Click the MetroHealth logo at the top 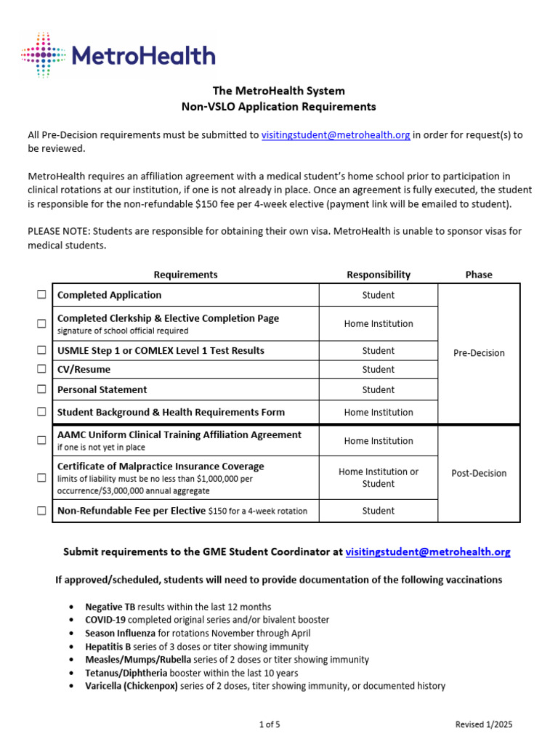click(x=118, y=55)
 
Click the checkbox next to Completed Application click(x=41, y=295)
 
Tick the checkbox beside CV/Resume click(x=41, y=370)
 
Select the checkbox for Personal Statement click(x=41, y=389)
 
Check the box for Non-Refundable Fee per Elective click(x=41, y=511)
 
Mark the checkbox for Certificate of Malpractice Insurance click(x=41, y=477)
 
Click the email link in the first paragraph click(x=336, y=135)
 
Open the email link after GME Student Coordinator click(x=428, y=552)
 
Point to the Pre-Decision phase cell click(x=479, y=353)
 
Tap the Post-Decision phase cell click(x=479, y=473)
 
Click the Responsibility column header click(x=379, y=275)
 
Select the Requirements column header click(x=185, y=275)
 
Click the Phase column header click(x=479, y=275)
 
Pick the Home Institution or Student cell click(x=379, y=477)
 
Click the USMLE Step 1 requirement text click(x=161, y=350)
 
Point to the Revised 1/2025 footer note click(x=483, y=724)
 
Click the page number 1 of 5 click(x=270, y=724)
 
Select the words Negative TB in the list click(x=110, y=607)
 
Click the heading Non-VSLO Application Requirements click(x=279, y=107)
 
